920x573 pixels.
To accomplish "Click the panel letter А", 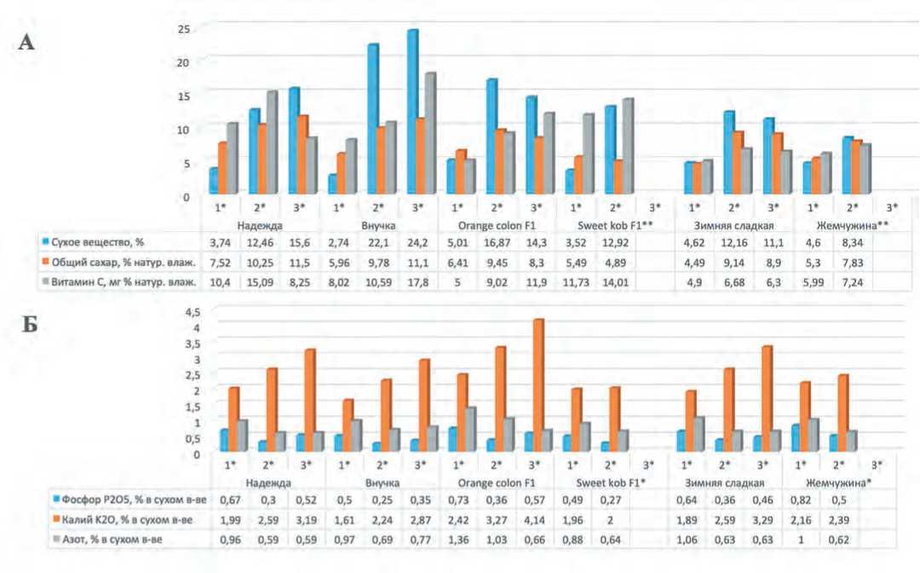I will click(27, 42).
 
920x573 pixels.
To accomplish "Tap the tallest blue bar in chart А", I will click(413, 111).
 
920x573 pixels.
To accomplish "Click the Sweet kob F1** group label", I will click(595, 225).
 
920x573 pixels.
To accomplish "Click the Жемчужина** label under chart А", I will click(832, 225).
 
